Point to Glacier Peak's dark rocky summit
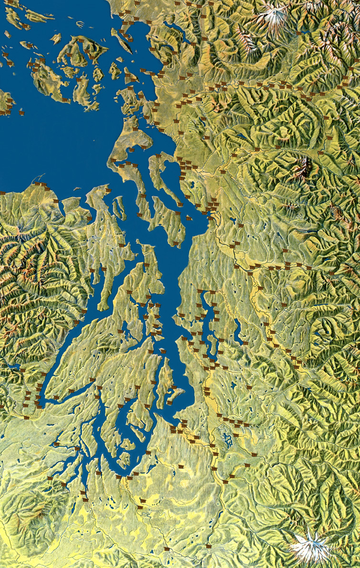[303, 167]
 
